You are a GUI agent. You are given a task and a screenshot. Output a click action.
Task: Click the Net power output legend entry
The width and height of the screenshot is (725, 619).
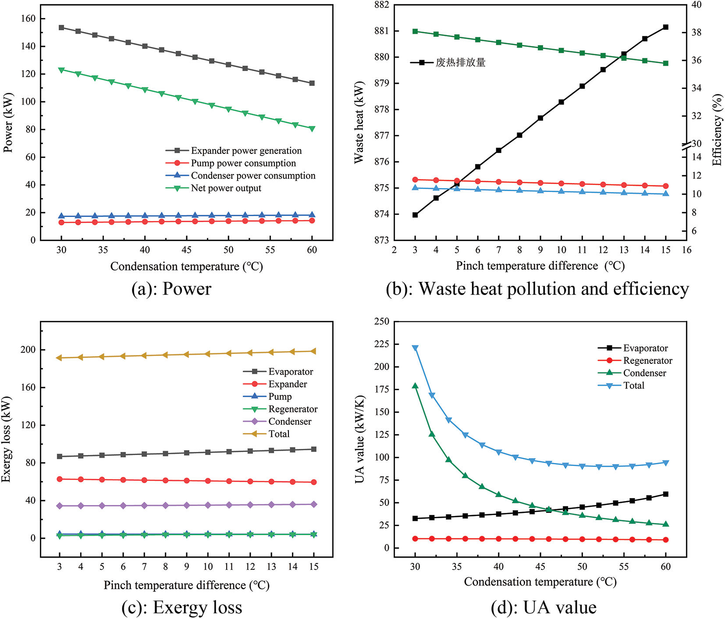pyautogui.click(x=226, y=188)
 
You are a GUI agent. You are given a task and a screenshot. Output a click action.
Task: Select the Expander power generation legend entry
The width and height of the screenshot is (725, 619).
pyautogui.click(x=246, y=151)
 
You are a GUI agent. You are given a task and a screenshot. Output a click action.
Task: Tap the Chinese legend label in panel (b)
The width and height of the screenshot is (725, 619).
pyautogui.click(x=460, y=63)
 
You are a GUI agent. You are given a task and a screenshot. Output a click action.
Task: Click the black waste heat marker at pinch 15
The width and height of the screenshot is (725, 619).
pyautogui.click(x=665, y=27)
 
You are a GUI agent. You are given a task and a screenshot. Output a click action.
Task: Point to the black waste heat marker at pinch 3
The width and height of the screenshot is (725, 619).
pyautogui.click(x=415, y=215)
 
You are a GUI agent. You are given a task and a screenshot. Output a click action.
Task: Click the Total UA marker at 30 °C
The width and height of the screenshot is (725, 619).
pyautogui.click(x=415, y=348)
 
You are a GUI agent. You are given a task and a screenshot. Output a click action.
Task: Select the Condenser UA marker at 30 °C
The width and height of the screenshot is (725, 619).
pyautogui.click(x=415, y=386)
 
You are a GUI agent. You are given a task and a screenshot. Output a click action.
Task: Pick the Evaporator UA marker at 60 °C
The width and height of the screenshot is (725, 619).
pyautogui.click(x=665, y=494)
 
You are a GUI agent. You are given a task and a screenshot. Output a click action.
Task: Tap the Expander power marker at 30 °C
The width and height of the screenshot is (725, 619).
pyautogui.click(x=61, y=28)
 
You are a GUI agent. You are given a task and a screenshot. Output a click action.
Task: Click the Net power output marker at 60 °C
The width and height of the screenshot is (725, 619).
pyautogui.click(x=312, y=129)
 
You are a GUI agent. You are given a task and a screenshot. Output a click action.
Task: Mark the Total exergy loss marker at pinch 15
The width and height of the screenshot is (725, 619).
pyautogui.click(x=313, y=351)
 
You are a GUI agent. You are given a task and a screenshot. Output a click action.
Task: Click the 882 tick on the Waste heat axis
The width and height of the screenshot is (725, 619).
pyautogui.click(x=382, y=5)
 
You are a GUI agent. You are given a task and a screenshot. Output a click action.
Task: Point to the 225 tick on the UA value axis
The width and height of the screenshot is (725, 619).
pyautogui.click(x=382, y=344)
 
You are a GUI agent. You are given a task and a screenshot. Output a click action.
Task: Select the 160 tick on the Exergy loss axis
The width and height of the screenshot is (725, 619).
pyautogui.click(x=28, y=388)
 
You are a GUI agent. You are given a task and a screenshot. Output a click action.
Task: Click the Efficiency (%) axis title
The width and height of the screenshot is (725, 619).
pyautogui.click(x=717, y=130)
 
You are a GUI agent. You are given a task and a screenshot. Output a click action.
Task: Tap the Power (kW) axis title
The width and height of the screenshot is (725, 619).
pyautogui.click(x=8, y=122)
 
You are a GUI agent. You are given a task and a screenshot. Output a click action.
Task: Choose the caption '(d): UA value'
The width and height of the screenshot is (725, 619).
pyautogui.click(x=544, y=608)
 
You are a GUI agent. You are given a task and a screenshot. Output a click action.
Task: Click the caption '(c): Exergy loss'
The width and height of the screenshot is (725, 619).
pyautogui.click(x=182, y=608)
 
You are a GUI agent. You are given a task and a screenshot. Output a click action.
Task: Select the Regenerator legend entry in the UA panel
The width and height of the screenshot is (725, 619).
pyautogui.click(x=647, y=361)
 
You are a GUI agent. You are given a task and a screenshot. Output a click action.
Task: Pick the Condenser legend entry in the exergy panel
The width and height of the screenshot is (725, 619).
pyautogui.click(x=290, y=422)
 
